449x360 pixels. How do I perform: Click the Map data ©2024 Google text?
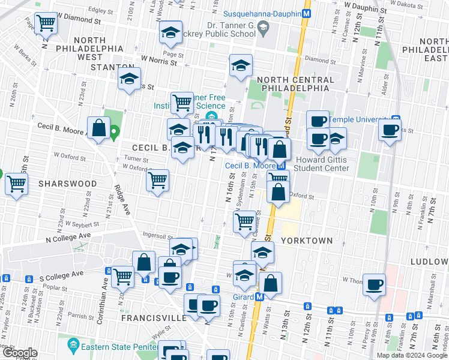pyautogui.click(x=411, y=355)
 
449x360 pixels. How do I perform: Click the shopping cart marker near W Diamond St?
pyautogui.click(x=46, y=24)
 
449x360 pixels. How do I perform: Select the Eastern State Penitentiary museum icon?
pyautogui.click(x=74, y=344)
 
